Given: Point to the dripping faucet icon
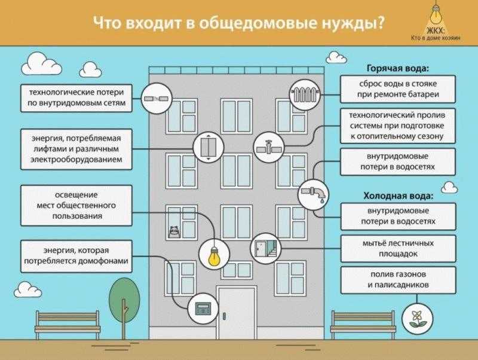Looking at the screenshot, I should coord(313,193).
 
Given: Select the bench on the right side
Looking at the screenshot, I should coord(357,324).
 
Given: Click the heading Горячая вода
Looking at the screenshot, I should coord(398,68).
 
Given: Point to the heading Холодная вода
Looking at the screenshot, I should coord(398,196).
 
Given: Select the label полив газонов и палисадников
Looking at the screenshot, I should coord(397,280).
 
